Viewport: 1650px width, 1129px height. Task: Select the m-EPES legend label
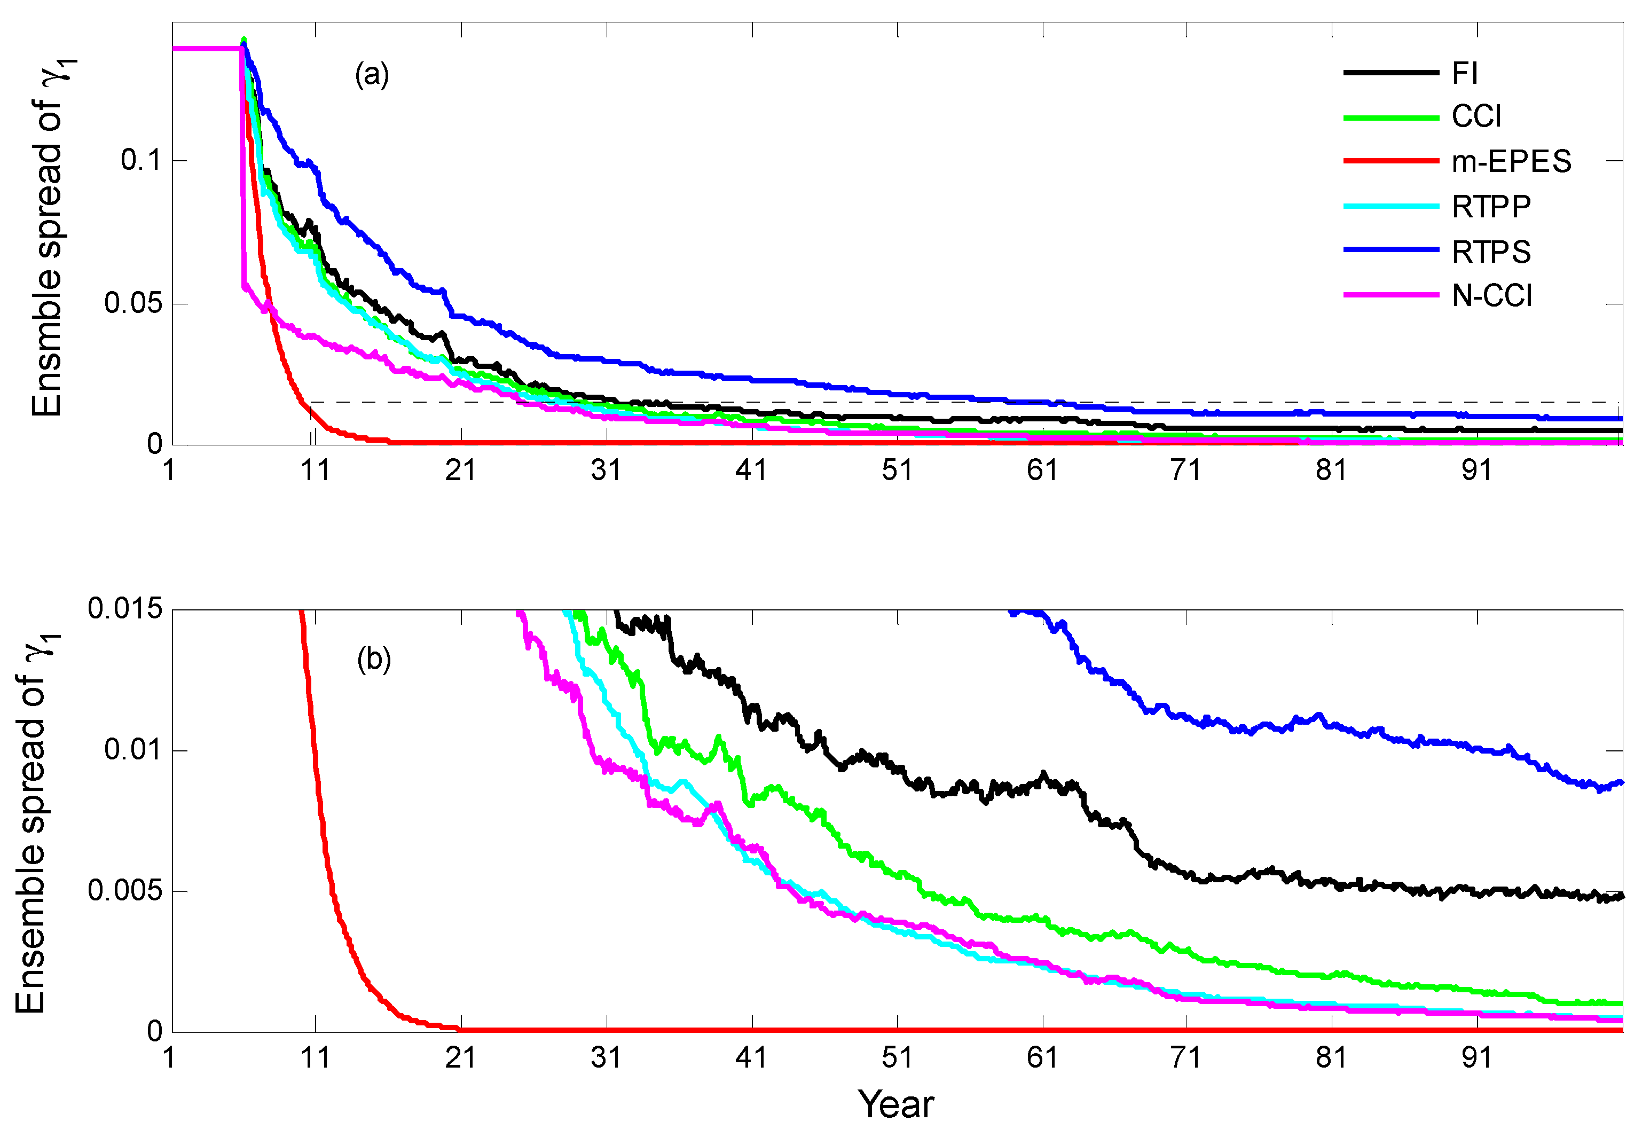[1511, 162]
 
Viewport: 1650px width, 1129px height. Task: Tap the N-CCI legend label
[1491, 295]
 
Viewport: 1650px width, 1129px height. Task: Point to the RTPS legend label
[1491, 252]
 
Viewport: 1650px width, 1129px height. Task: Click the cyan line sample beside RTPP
[1390, 207]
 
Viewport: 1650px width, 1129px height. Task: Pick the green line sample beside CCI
[1390, 117]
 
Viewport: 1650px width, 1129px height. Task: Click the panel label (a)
[372, 75]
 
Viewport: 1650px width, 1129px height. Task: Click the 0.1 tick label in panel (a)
[142, 160]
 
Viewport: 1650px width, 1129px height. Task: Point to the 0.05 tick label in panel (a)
[133, 304]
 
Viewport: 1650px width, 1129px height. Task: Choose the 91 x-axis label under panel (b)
[1477, 1058]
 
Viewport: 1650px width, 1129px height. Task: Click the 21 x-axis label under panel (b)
[461, 1058]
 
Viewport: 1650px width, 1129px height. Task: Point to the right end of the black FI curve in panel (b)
[1621, 896]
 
